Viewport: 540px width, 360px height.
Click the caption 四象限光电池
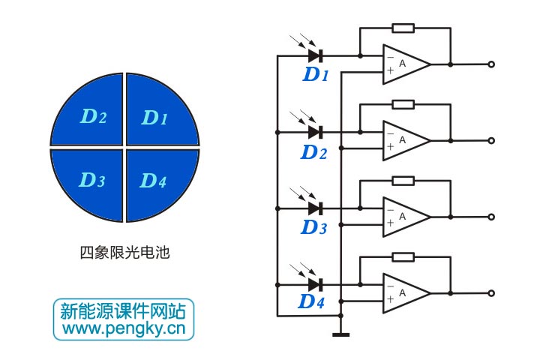click(x=124, y=253)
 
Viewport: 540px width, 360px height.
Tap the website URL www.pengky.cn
click(x=124, y=328)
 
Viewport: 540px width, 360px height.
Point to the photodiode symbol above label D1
click(x=315, y=55)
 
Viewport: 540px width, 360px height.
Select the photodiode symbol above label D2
click(x=315, y=132)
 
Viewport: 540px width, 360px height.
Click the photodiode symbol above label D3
click(x=315, y=208)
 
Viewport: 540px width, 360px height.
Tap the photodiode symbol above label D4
click(x=315, y=284)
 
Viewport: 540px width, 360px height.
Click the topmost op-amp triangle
click(x=405, y=64)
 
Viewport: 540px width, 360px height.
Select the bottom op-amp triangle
click(x=405, y=293)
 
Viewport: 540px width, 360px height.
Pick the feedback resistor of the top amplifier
click(x=403, y=28)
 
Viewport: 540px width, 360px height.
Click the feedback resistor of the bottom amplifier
click(x=403, y=257)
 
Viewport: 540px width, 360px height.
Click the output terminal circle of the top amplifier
click(x=492, y=64)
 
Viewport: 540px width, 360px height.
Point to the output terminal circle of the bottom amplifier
click(x=492, y=293)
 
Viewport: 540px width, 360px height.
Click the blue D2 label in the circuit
click(x=314, y=152)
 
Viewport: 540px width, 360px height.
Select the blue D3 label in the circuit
click(x=314, y=228)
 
